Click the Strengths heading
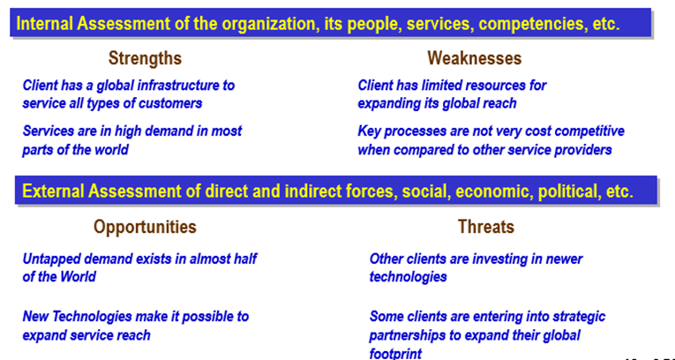[145, 58]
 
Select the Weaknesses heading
[475, 58]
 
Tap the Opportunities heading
[145, 227]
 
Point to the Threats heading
[486, 227]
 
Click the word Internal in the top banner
[44, 24]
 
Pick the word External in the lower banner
[53, 191]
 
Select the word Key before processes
[369, 131]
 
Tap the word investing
[502, 259]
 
